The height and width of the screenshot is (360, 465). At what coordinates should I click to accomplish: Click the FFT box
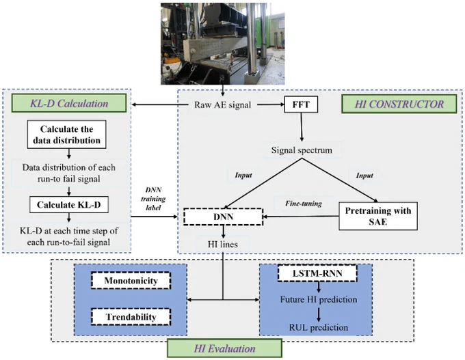(x=301, y=105)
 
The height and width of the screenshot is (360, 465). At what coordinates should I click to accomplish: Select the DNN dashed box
(x=224, y=217)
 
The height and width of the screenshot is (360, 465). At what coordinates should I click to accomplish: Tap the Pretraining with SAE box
(x=378, y=216)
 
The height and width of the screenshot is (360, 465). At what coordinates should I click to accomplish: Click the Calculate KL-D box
(x=69, y=204)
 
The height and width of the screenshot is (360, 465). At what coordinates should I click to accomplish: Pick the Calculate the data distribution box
(x=67, y=134)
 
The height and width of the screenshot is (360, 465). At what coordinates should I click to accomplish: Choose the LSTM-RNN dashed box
(x=317, y=273)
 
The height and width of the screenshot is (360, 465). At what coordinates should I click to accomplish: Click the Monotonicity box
(x=131, y=280)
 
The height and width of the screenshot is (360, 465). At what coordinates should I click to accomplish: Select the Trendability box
(x=131, y=317)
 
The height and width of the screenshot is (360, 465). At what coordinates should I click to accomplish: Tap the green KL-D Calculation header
(x=69, y=103)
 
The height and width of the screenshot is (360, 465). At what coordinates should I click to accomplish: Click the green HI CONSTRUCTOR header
(x=399, y=104)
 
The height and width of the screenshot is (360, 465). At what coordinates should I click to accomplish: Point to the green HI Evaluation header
(x=224, y=348)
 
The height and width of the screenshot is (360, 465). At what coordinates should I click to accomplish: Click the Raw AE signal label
(x=223, y=105)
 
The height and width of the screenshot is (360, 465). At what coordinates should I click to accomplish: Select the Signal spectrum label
(x=302, y=150)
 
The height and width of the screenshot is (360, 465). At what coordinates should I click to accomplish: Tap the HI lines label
(x=223, y=244)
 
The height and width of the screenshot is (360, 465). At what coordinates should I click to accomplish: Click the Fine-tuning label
(x=304, y=204)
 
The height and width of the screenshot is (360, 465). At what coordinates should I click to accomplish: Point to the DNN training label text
(x=153, y=199)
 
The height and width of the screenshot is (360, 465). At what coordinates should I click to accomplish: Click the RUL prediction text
(x=319, y=327)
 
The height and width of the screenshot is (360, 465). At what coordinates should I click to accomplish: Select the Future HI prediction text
(x=319, y=299)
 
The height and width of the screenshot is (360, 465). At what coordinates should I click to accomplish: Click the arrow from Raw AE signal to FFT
(x=271, y=105)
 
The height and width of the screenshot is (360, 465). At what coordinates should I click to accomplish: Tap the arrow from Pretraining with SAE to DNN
(x=301, y=217)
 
